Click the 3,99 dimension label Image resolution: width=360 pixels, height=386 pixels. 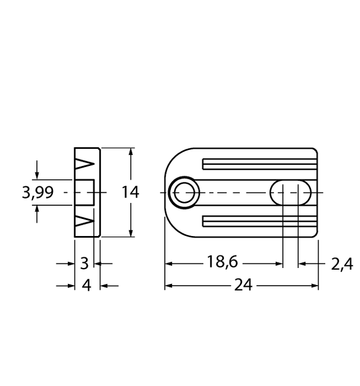[x=38, y=193]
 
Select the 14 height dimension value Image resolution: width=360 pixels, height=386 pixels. [x=130, y=193]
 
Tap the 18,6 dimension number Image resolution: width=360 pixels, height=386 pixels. [x=223, y=262]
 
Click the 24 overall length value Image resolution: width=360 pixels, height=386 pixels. [x=243, y=286]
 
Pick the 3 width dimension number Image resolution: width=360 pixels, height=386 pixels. [x=84, y=263]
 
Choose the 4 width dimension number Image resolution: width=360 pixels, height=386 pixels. [x=87, y=286]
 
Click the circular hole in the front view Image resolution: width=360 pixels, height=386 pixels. [x=184, y=192]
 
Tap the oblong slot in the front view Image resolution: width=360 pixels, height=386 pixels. [x=291, y=193]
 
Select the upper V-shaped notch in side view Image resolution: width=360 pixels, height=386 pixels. [x=84, y=164]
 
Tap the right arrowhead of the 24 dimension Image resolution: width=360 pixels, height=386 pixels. [x=314, y=286]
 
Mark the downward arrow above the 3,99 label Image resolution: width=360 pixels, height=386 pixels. [x=38, y=174]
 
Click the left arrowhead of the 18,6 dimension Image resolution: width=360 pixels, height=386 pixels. [x=169, y=263]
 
